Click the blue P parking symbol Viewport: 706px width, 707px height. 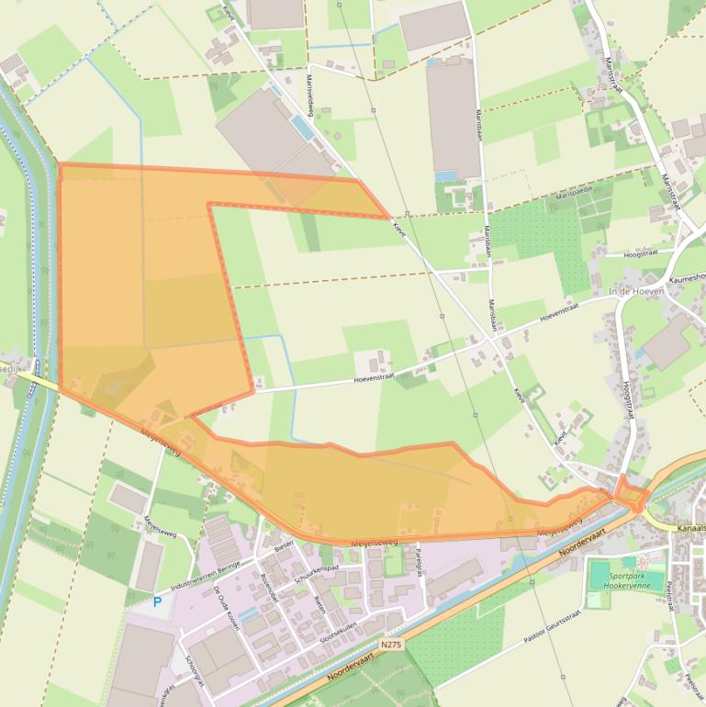(x=157, y=602)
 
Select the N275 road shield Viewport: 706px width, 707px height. (x=391, y=645)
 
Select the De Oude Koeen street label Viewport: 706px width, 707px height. (x=227, y=607)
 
